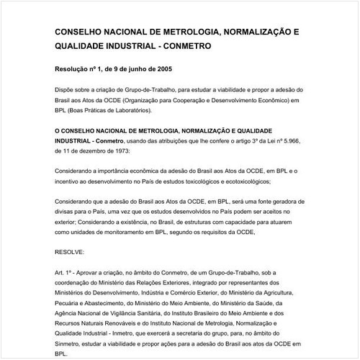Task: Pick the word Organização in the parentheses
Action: (x=158, y=101)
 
